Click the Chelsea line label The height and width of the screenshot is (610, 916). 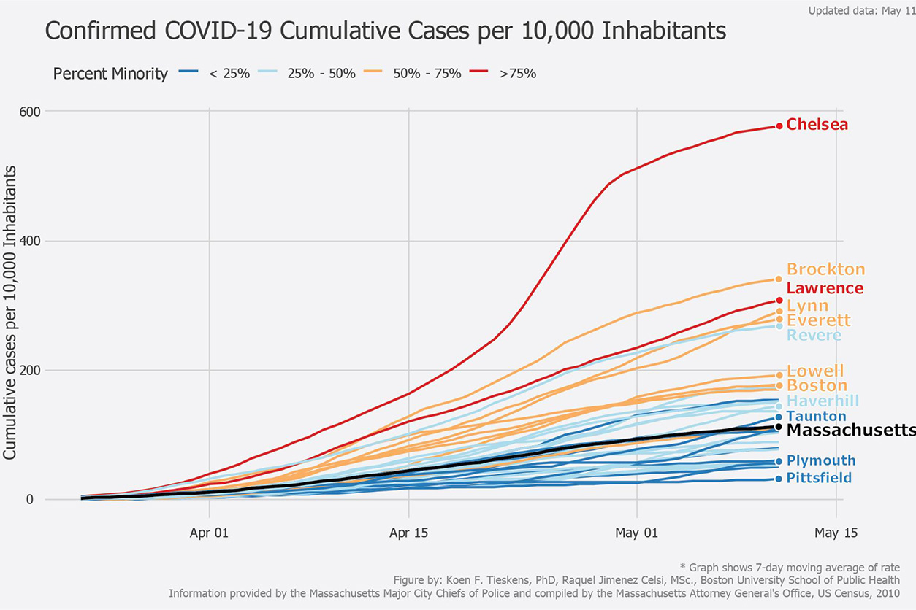coord(817,125)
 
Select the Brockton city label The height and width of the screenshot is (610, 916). coord(825,270)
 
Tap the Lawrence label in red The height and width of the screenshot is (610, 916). coord(825,288)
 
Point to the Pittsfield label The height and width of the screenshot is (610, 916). coord(819,479)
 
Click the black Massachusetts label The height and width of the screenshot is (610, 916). coord(850,431)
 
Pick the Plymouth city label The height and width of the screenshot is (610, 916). coord(821,461)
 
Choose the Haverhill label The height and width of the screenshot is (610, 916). coord(823,401)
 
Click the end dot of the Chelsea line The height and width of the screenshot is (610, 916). coord(779,126)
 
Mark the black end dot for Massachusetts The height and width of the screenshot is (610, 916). coord(779,427)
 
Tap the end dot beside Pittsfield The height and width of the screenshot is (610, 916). coord(779,479)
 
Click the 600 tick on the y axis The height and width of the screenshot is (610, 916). coord(30,111)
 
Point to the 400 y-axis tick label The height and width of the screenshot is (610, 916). coord(30,241)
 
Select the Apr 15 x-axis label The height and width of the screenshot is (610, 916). coord(408,533)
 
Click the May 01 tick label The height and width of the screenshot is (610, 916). coord(637,533)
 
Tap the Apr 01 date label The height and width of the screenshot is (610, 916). coord(210,533)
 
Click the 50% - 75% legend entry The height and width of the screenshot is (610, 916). coord(411,74)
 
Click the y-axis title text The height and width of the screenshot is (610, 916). coord(11,312)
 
